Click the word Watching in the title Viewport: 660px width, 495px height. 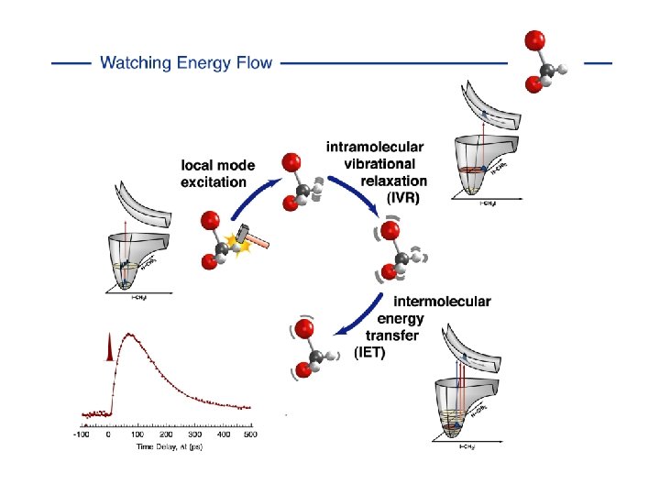[137, 63]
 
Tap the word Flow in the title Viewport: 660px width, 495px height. [254, 63]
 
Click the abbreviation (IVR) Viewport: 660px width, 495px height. [399, 197]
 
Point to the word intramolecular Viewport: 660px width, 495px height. [375, 147]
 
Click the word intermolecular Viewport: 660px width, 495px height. [442, 302]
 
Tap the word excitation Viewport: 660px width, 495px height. [214, 181]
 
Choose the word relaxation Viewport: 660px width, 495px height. [394, 181]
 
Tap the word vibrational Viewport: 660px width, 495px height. [384, 163]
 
